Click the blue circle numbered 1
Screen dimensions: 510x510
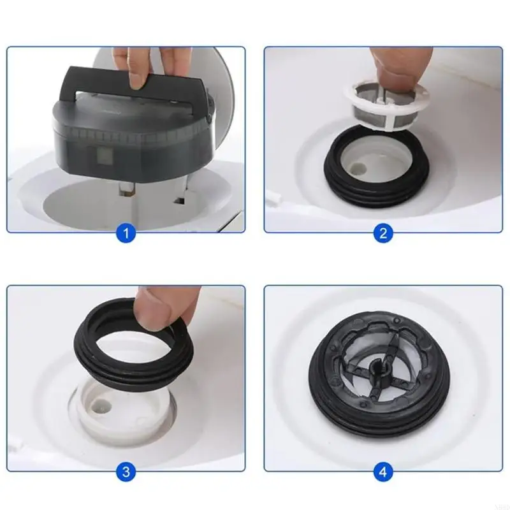click(x=126, y=233)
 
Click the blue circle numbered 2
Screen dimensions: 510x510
click(x=382, y=233)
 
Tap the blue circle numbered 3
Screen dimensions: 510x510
click(x=126, y=472)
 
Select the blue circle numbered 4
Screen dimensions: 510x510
click(x=382, y=472)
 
